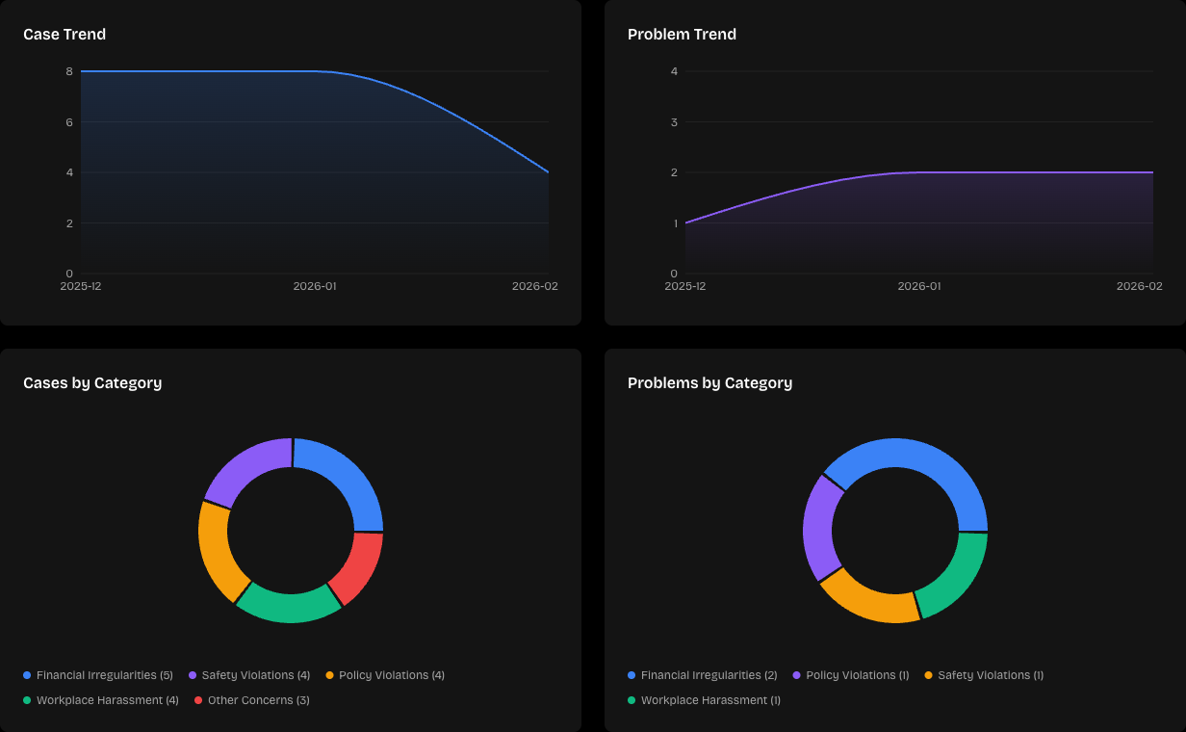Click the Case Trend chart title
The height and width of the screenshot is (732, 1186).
(x=64, y=35)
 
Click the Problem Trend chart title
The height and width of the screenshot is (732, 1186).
(x=682, y=35)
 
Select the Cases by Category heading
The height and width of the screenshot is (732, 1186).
(x=92, y=383)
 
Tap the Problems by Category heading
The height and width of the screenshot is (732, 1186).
(x=709, y=383)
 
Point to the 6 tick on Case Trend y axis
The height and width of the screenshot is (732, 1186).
(x=69, y=122)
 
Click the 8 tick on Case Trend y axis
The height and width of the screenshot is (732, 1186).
(x=69, y=71)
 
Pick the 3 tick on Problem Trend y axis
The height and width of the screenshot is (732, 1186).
(x=674, y=122)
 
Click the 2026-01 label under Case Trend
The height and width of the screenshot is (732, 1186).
(x=315, y=286)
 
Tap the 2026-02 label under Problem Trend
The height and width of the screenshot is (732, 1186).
(x=1139, y=286)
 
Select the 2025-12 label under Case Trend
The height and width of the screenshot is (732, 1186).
(x=81, y=286)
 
